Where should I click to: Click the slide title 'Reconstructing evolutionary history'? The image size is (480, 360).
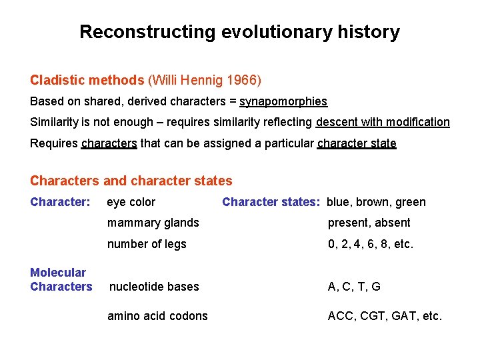[x=239, y=32]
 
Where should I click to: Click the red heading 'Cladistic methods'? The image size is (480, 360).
[x=87, y=81]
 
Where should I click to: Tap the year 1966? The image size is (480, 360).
[x=243, y=81]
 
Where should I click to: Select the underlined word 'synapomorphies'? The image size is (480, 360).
[x=283, y=101]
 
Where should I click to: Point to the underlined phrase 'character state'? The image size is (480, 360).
[x=357, y=143]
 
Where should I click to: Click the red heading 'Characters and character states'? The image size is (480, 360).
[x=131, y=181]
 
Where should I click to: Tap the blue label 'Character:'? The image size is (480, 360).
[x=60, y=202]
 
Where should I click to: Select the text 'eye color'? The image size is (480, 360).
[x=131, y=202]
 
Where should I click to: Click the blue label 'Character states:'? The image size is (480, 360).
[x=271, y=202]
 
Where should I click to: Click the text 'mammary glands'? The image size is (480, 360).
[x=153, y=223]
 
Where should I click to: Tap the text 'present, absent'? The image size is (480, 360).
[x=369, y=223]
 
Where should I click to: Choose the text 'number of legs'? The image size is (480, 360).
[x=147, y=244]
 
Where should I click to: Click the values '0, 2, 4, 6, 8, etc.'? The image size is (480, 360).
[x=371, y=244]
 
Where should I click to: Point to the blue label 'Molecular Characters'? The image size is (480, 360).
[x=61, y=279]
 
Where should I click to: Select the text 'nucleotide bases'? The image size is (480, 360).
[x=154, y=287]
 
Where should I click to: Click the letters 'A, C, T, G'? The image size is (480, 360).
[x=354, y=287]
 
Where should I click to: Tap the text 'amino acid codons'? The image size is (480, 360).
[x=157, y=316]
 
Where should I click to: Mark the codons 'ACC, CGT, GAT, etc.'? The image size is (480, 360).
[x=385, y=316]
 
